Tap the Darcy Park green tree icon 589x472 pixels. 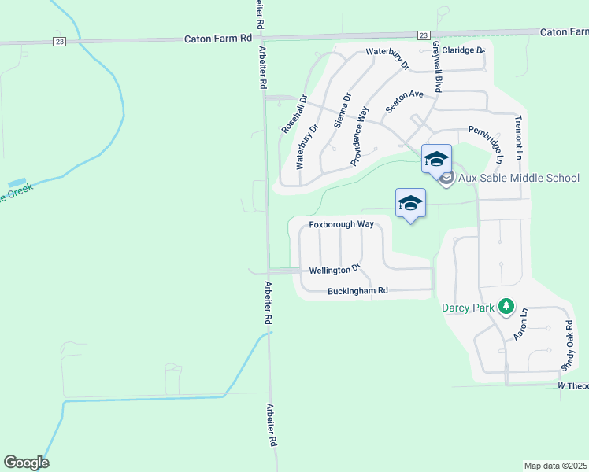click(508, 307)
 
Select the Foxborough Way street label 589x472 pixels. click(341, 224)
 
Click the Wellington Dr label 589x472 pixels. click(334, 270)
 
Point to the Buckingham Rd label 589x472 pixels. click(358, 291)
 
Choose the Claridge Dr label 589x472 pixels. click(462, 50)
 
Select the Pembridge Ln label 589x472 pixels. click(486, 143)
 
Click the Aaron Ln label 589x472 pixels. click(520, 324)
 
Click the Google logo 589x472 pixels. click(26, 463)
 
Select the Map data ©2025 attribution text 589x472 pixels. click(555, 466)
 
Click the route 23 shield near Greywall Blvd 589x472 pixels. click(424, 35)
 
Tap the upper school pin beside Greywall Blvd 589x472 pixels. click(436, 160)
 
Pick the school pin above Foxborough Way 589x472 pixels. click(410, 204)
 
